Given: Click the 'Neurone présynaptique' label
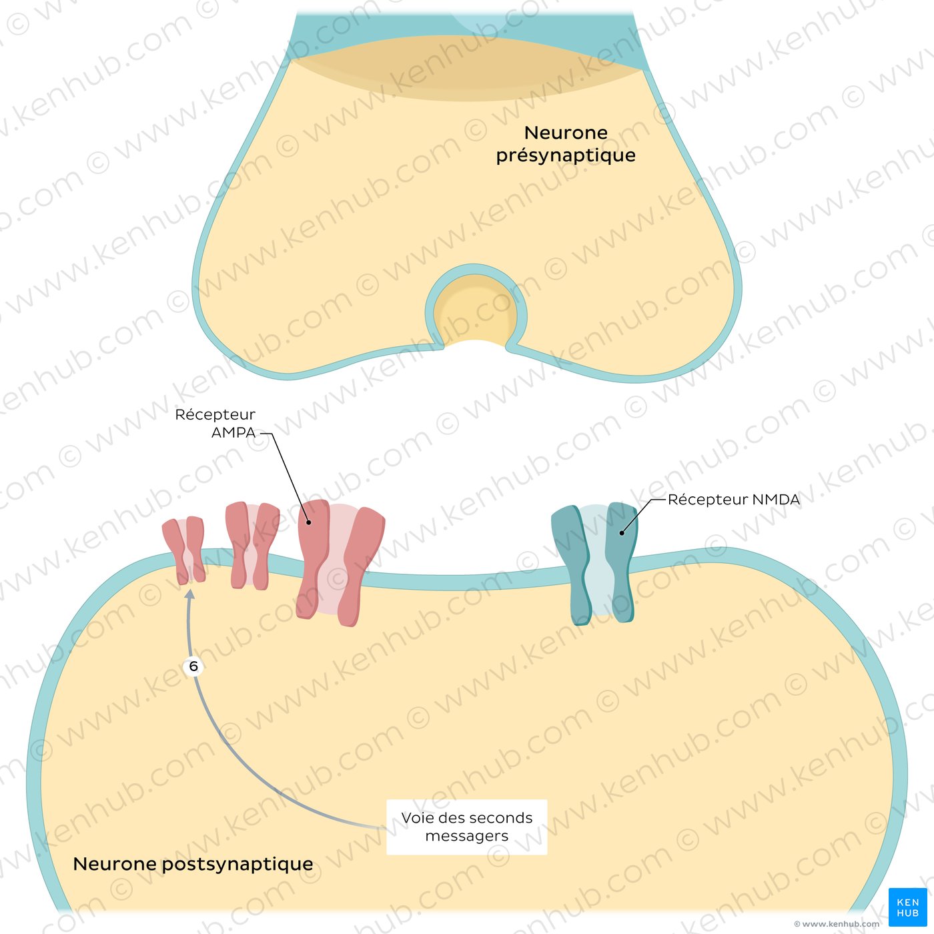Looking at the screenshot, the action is pyautogui.click(x=566, y=144).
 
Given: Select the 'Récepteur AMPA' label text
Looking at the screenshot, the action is pyautogui.click(x=215, y=423).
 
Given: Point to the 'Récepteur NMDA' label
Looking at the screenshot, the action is pyautogui.click(x=734, y=500).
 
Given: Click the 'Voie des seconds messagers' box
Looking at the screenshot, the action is pyautogui.click(x=467, y=827).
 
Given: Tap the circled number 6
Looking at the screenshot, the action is pyautogui.click(x=193, y=666).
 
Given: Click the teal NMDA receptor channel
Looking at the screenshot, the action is pyautogui.click(x=594, y=564).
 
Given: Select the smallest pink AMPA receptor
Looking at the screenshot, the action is pyautogui.click(x=183, y=550).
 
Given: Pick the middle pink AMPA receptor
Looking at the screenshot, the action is pyautogui.click(x=252, y=545).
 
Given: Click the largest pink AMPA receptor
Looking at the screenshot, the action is pyautogui.click(x=340, y=562).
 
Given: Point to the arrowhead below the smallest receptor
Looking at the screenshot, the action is pyautogui.click(x=190, y=594).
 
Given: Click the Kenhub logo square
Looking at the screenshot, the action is pyautogui.click(x=907, y=907).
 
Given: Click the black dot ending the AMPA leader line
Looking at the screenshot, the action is pyautogui.click(x=308, y=522).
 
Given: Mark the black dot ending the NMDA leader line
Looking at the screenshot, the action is pyautogui.click(x=621, y=533).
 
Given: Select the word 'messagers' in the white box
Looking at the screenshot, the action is pyautogui.click(x=467, y=836).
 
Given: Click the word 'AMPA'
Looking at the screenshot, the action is pyautogui.click(x=233, y=432).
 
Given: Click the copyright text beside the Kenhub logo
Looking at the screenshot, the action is pyautogui.click(x=837, y=924).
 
